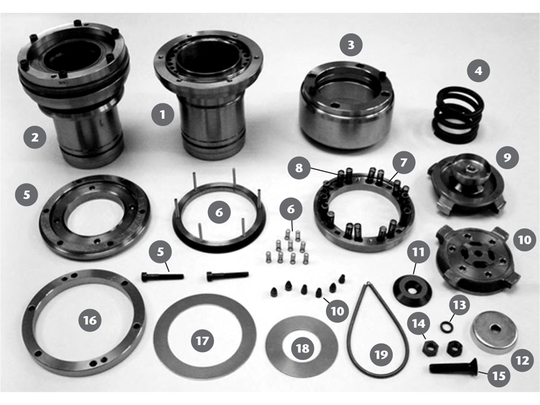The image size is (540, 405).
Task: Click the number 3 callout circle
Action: pyautogui.click(x=351, y=45)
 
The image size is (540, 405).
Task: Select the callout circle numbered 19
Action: pyautogui.click(x=381, y=354)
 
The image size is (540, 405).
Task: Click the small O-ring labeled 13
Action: pyautogui.click(x=446, y=326)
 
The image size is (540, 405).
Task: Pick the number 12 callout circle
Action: pyautogui.click(x=522, y=360)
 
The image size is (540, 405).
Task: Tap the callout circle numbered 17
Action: pyautogui.click(x=202, y=341)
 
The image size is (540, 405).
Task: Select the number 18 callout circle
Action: pyautogui.click(x=302, y=348)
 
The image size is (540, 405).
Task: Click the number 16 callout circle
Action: pyautogui.click(x=90, y=320)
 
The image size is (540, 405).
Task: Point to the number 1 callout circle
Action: pyautogui.click(x=163, y=114)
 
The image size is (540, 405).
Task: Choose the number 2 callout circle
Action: pyautogui.click(x=35, y=138)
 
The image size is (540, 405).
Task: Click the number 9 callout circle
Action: pyautogui.click(x=508, y=157)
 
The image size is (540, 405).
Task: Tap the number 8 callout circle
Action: pyautogui.click(x=299, y=167)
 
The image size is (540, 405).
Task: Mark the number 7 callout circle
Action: pyautogui.click(x=403, y=162)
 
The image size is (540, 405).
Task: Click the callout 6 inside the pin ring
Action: pyautogui.click(x=219, y=212)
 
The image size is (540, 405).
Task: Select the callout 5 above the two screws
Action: pyautogui.click(x=161, y=251)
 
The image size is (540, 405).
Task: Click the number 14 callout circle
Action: pyautogui.click(x=418, y=323)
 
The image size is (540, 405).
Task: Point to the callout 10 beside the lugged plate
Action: pyautogui.click(x=524, y=240)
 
